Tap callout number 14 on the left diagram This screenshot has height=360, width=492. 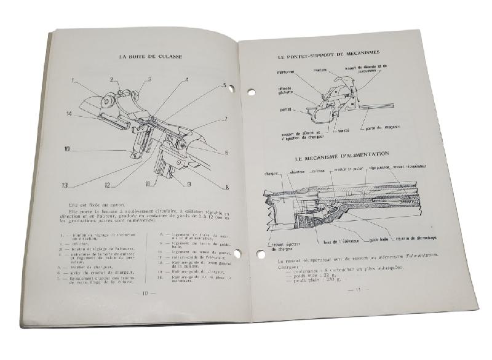(69, 113)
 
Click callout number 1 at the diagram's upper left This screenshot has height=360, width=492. (72, 80)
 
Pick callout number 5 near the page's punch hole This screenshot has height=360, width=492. (225, 86)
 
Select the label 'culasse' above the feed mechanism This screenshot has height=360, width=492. (318, 170)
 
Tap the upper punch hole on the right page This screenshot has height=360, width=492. (251, 93)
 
